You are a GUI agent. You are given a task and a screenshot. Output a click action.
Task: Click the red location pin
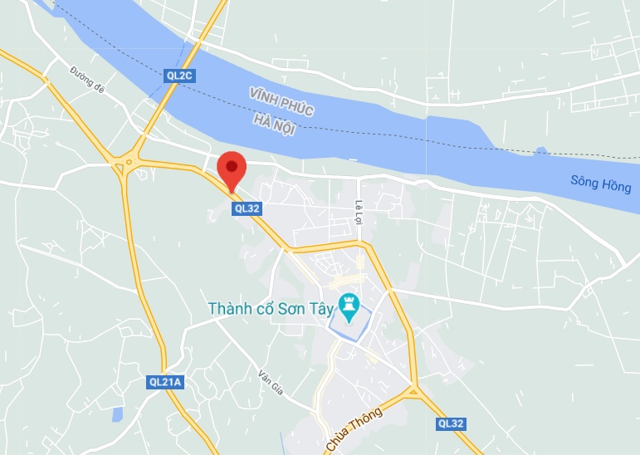[x=232, y=169]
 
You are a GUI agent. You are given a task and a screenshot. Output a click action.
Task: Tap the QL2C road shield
[x=178, y=75]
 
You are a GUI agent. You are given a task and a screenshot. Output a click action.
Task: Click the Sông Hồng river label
[x=601, y=184]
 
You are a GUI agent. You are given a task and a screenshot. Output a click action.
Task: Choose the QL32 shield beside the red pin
[x=248, y=209]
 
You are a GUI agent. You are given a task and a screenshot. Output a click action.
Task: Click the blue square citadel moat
[x=349, y=324]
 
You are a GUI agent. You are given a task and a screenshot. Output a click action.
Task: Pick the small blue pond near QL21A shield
[x=118, y=413]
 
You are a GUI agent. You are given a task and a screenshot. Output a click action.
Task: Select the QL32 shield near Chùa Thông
[x=451, y=423]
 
